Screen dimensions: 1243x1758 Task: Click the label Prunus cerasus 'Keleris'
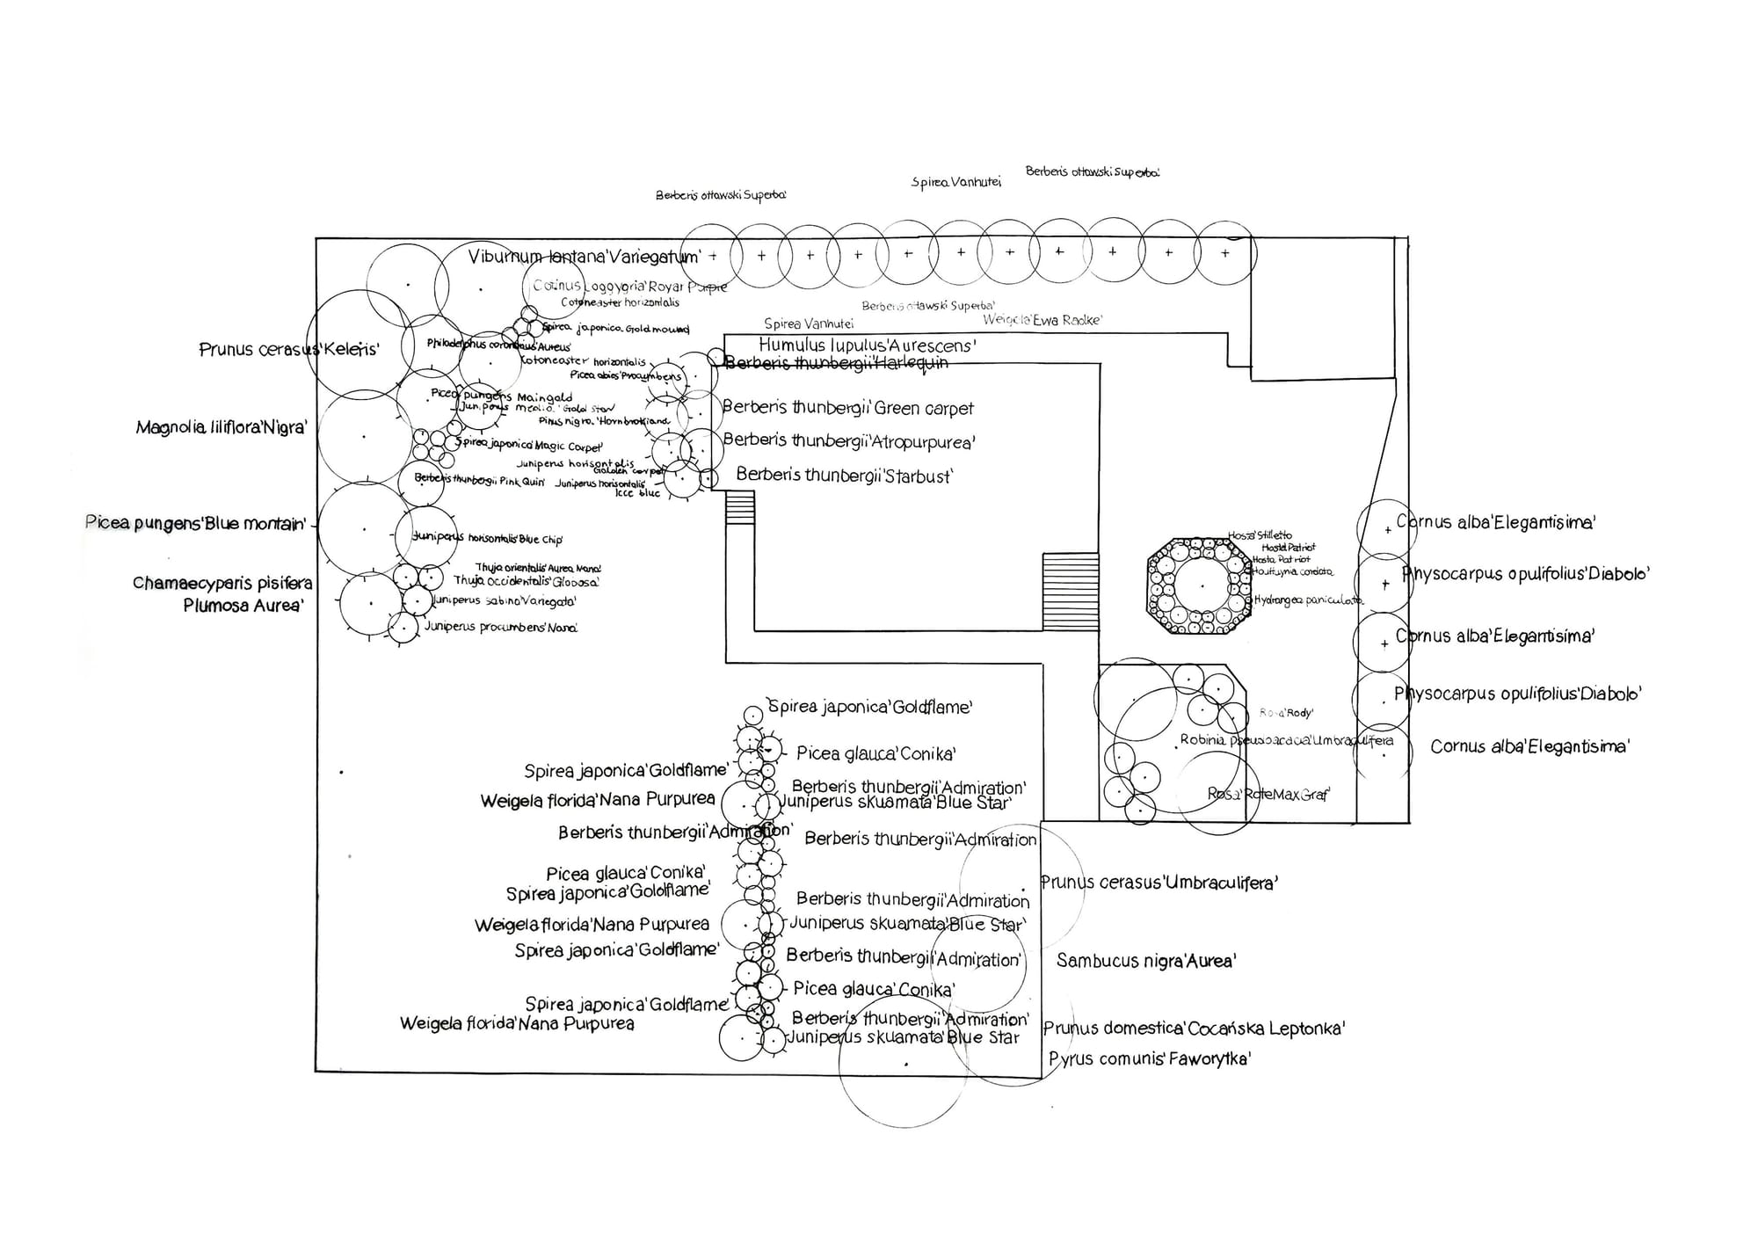[288, 349]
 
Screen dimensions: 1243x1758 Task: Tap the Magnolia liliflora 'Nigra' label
[221, 428]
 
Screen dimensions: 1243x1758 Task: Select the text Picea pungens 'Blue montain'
[195, 523]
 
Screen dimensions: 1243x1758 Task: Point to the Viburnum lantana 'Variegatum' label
[584, 257]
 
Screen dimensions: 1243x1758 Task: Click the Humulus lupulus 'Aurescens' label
[867, 345]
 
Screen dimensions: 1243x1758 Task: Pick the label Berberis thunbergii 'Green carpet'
[847, 408]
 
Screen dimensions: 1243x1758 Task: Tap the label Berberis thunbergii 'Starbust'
[844, 476]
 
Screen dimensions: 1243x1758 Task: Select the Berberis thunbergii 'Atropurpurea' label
[848, 441]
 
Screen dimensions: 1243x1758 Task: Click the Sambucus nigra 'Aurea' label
[1145, 961]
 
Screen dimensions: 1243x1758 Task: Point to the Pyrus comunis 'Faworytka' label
[1149, 1059]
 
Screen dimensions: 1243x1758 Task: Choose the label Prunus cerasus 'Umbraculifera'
[1159, 883]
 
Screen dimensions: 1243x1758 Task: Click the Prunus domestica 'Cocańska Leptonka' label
[1194, 1028]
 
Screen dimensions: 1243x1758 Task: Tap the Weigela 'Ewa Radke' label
[1042, 320]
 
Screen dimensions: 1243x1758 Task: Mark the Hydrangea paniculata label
[1307, 600]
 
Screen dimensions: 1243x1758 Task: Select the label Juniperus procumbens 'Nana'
[500, 628]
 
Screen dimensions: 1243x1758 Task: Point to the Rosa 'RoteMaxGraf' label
[1268, 795]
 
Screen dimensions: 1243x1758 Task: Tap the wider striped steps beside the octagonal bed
[1070, 591]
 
